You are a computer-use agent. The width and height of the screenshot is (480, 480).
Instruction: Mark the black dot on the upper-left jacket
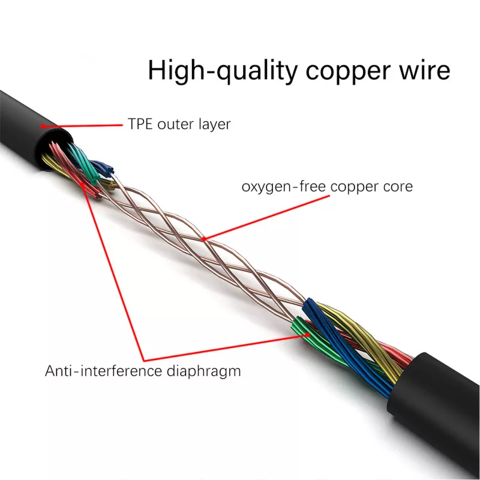[43, 125]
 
